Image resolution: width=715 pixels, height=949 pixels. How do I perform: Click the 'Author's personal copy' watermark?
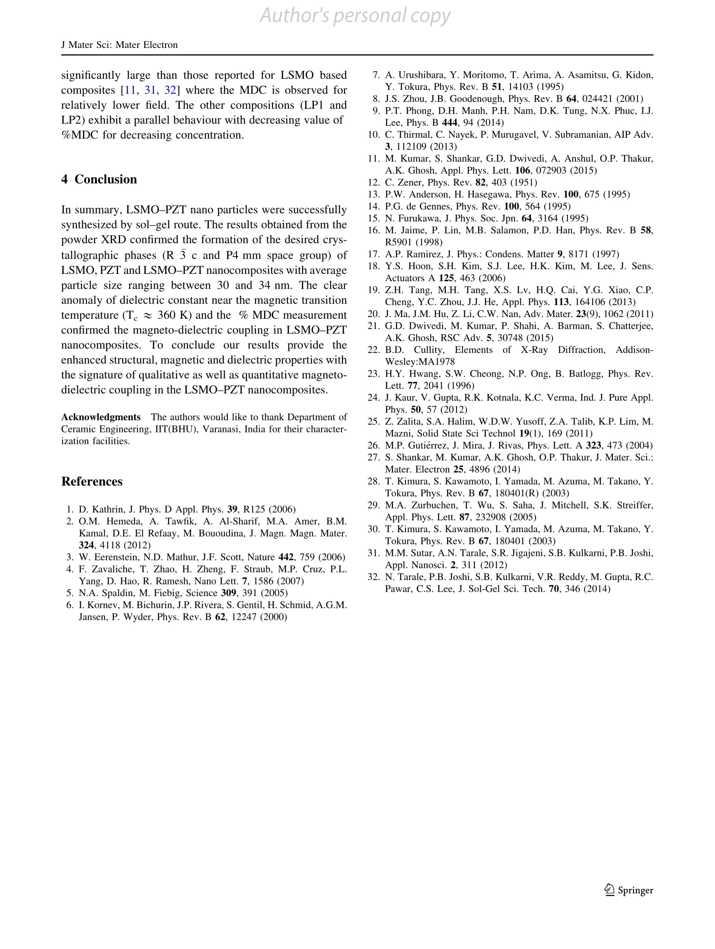(355, 16)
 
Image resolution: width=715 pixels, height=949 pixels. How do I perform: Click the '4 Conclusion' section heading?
(99, 179)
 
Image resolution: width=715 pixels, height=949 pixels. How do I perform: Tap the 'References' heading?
(92, 482)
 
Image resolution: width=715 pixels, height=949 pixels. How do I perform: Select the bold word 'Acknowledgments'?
(101, 417)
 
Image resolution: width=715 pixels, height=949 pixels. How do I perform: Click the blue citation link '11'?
(131, 90)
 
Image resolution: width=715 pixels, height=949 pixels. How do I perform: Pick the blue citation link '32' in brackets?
(170, 90)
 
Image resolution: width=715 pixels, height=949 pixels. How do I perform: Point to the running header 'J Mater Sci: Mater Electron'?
(119, 45)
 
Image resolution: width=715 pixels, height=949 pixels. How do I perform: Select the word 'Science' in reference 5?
(201, 593)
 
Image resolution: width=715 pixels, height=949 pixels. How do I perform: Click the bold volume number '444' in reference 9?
(450, 123)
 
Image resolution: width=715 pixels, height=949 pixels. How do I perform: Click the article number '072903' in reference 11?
(551, 171)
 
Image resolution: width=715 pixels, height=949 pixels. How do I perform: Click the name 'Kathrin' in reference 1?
(109, 510)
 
